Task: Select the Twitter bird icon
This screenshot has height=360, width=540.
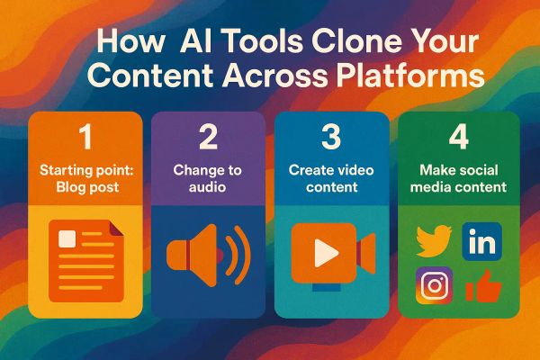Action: (434, 241)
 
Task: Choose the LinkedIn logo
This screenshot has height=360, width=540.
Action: (481, 241)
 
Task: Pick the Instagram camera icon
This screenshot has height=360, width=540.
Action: (434, 286)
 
